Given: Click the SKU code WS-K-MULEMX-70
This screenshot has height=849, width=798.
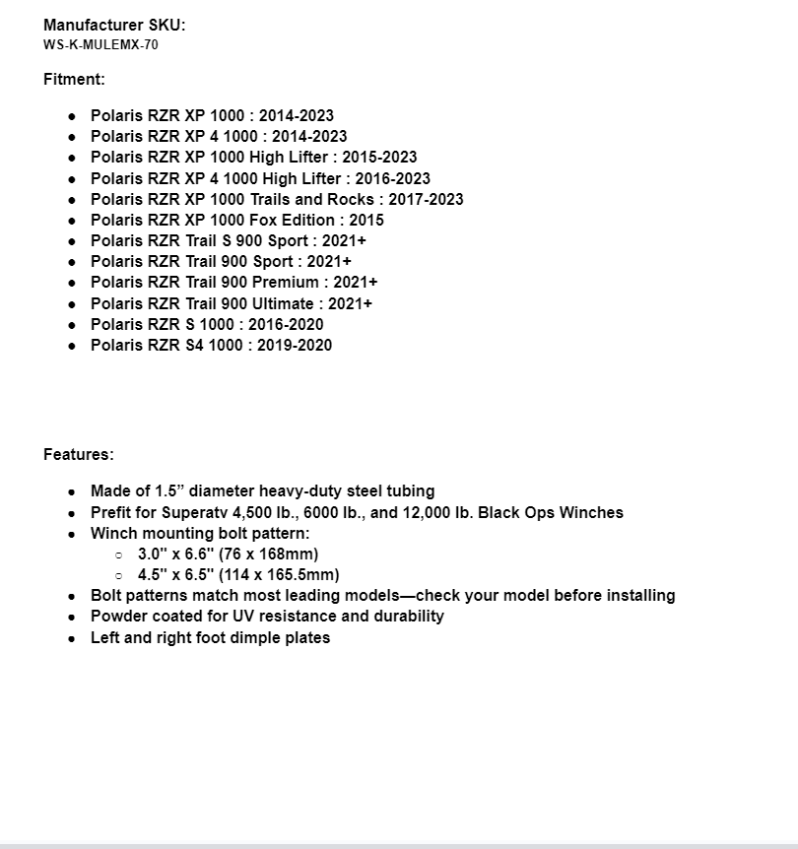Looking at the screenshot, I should (100, 45).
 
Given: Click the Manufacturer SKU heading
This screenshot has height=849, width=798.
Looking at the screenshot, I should (114, 26).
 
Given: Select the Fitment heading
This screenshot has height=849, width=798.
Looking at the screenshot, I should (74, 80).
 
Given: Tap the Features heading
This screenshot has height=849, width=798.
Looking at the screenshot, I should (79, 455).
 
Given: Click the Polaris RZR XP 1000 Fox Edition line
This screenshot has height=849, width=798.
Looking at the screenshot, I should (236, 220).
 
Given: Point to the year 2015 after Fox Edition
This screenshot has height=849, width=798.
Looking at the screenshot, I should (366, 220).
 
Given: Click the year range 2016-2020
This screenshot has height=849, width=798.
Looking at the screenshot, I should (286, 324).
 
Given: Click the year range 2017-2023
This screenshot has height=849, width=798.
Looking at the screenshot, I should (426, 199).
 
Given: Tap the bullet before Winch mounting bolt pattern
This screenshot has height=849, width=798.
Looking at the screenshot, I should (72, 534).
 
